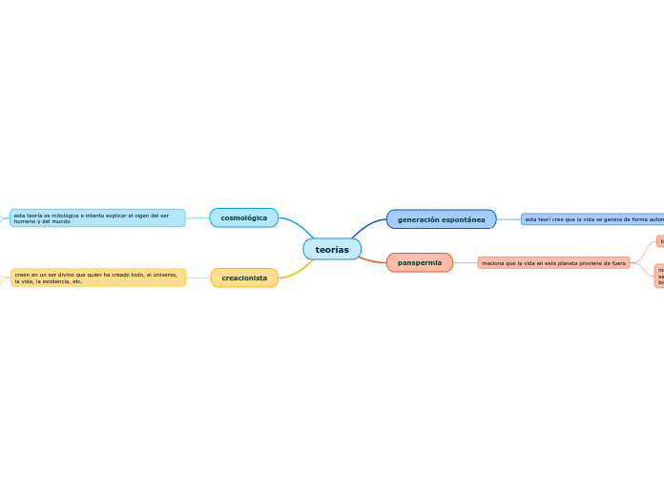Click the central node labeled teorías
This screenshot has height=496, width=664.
pyautogui.click(x=332, y=249)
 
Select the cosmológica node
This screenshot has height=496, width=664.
pyautogui.click(x=243, y=217)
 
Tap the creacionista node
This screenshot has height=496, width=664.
pyautogui.click(x=244, y=278)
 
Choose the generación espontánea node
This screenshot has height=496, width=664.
pyautogui.click(x=441, y=219)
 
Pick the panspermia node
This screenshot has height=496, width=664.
pyautogui.click(x=420, y=262)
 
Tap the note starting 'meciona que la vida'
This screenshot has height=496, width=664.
pyautogui.click(x=553, y=262)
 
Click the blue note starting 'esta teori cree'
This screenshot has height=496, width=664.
pyautogui.click(x=592, y=219)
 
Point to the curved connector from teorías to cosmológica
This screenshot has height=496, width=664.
pyautogui.click(x=298, y=226)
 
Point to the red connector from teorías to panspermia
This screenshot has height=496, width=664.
pyautogui.click(x=372, y=258)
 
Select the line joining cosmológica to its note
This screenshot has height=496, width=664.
pyautogui.click(x=197, y=217)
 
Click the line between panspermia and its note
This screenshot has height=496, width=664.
pyautogui.click(x=465, y=262)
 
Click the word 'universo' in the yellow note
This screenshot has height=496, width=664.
pyautogui.click(x=164, y=275)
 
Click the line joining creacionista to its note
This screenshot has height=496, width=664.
pyautogui.click(x=197, y=278)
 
